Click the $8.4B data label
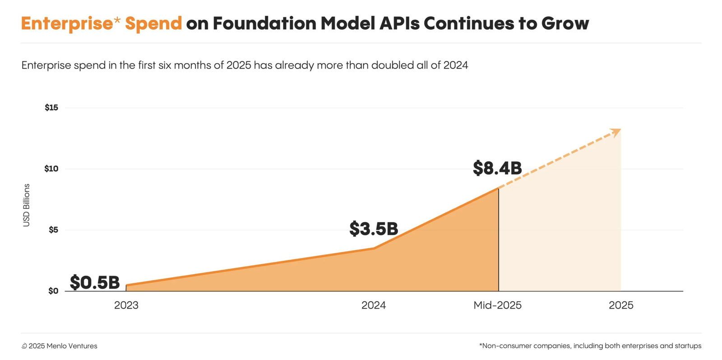pos(497,168)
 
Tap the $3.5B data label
pos(374,229)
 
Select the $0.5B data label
pos(95,283)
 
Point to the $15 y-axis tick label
pos(51,108)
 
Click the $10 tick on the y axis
pos(51,169)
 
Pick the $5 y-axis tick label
pos(53,230)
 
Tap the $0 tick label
pos(53,291)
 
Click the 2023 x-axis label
pos(126,305)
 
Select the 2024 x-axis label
pos(374,305)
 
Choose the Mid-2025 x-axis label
pos(497,305)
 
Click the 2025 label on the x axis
pos(621,305)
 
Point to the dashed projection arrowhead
pos(616,132)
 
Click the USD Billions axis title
pos(26,205)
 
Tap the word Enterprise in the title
pos(66,23)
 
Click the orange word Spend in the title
pos(153,23)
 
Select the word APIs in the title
pos(398,23)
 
